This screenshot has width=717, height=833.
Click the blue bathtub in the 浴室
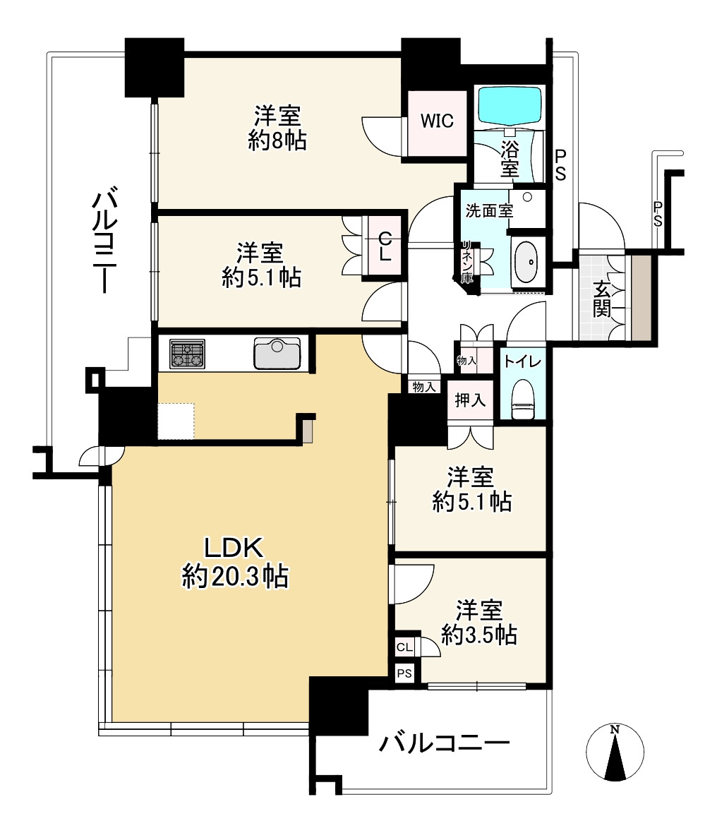(510, 105)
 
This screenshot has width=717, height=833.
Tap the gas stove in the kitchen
(188, 354)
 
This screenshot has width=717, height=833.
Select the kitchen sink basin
(277, 353)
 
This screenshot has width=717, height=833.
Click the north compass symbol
(615, 752)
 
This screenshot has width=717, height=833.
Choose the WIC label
(437, 121)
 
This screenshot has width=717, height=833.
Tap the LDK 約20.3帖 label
(235, 561)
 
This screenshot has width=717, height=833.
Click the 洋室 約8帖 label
(277, 128)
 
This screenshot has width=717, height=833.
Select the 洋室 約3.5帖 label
(479, 622)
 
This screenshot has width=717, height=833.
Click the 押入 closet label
(470, 400)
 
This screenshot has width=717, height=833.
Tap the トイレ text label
(523, 361)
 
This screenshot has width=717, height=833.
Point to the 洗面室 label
(489, 211)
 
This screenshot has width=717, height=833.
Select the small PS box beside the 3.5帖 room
(404, 673)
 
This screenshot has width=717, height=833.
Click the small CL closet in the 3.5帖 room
(404, 647)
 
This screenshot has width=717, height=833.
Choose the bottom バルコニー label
(444, 743)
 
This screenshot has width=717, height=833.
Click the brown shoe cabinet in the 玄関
(640, 298)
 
